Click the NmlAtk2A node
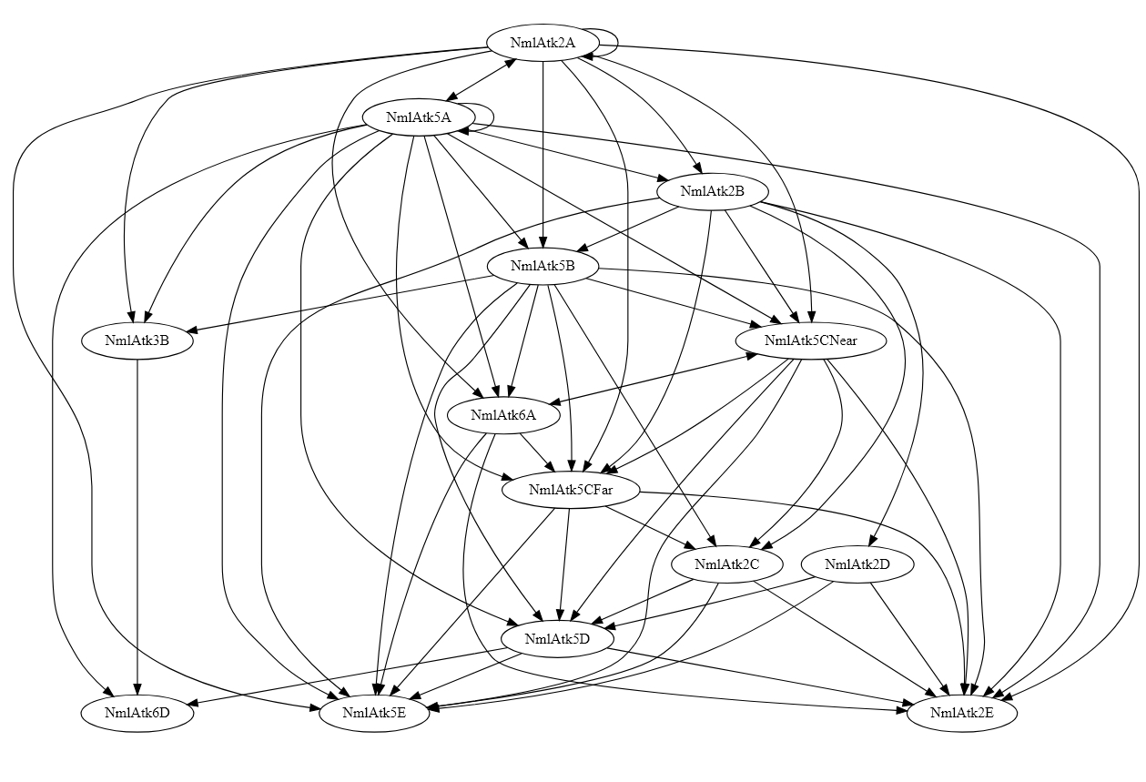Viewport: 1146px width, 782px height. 543,43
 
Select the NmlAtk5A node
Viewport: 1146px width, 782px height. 418,117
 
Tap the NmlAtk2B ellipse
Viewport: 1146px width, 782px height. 713,192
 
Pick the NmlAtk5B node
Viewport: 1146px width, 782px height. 543,267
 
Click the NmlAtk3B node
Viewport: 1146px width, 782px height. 137,341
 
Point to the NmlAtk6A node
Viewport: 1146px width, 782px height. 503,416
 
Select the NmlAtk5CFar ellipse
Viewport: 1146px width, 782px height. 572,491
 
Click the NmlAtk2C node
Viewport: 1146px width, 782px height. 726,564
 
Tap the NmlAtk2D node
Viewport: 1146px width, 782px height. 857,564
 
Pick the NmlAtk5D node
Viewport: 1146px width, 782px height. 558,639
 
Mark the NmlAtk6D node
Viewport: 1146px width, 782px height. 137,714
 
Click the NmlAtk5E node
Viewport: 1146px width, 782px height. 374,714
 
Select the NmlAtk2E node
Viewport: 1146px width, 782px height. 962,714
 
